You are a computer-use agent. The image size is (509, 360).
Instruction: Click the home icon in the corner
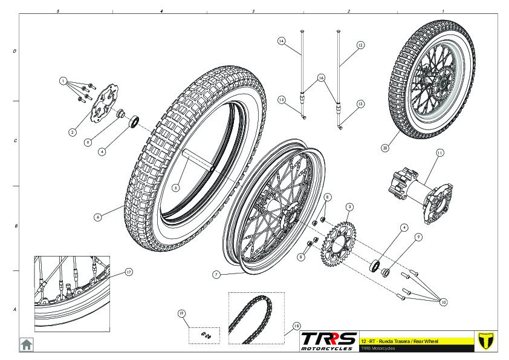pos(27,344)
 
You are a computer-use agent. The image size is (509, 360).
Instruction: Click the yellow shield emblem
pos(482,340)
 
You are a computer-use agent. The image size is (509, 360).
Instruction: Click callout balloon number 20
pos(384,147)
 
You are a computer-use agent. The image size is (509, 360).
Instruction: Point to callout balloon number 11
pos(439,153)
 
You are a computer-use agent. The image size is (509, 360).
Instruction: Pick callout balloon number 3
pos(349,207)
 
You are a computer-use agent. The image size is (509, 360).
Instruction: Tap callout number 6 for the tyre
pos(97,216)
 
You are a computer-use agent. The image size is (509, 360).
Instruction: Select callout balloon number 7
pos(216,274)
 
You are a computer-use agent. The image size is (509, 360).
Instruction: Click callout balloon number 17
pos(128,272)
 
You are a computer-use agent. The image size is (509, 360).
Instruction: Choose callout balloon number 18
pos(296,325)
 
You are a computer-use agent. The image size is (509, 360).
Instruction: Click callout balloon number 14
pos(281,41)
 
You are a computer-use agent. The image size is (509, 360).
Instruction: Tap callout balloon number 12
pos(360,45)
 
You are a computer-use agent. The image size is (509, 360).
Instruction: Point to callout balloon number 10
pos(444,302)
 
